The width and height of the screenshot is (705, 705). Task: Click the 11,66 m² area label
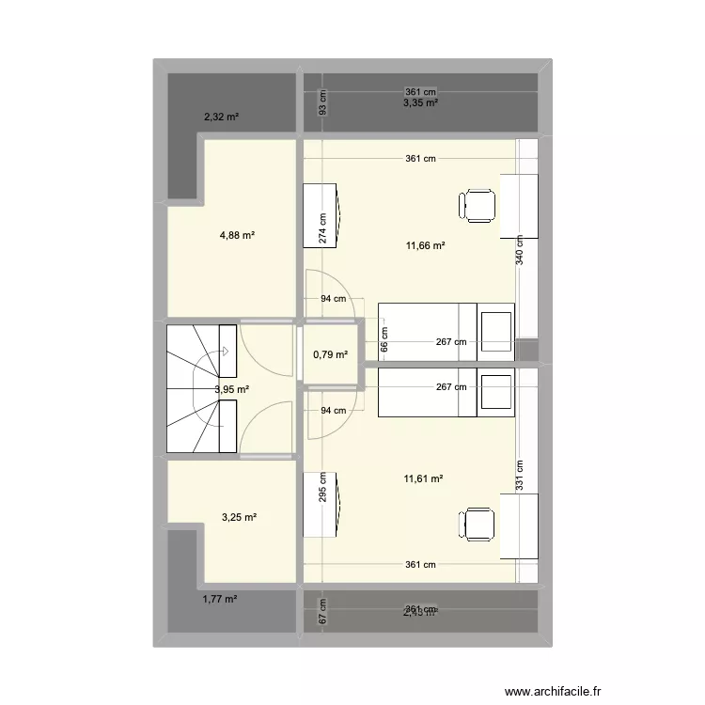tap(425, 246)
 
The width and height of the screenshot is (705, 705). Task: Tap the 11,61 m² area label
tap(424, 478)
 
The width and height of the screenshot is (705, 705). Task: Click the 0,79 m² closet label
tap(330, 354)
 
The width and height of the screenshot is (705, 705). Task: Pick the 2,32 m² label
tap(221, 117)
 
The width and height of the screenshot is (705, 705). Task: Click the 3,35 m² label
tap(421, 103)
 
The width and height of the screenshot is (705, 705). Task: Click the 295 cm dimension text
tap(322, 489)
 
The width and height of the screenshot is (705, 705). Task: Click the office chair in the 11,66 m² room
tap(478, 205)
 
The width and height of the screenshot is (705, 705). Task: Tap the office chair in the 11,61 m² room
tap(478, 524)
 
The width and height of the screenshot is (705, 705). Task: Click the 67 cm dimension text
tap(322, 614)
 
